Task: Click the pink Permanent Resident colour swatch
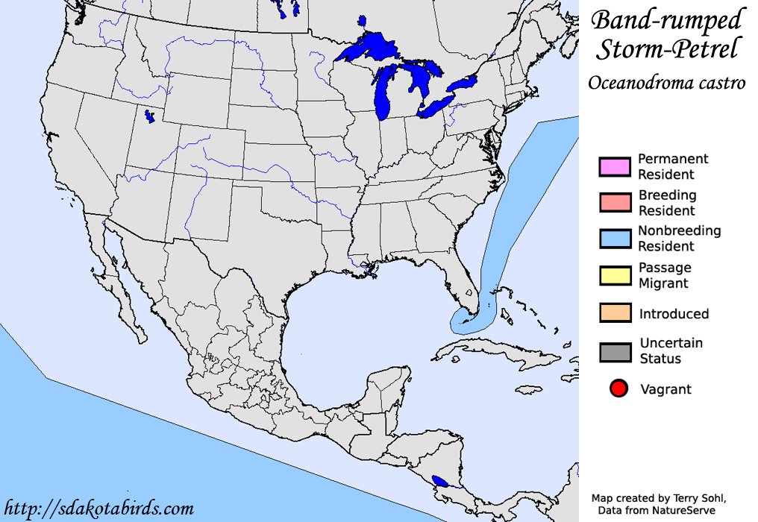[x=615, y=166]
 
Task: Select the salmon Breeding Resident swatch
[x=615, y=202]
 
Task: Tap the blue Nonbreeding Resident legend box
[x=615, y=238]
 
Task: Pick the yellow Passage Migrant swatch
[x=615, y=274]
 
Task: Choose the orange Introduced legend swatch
[x=615, y=312]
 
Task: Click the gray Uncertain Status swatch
[x=615, y=350]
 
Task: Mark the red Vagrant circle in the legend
[x=618, y=389]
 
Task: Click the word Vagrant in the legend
[x=665, y=389]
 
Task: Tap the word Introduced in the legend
[x=674, y=314]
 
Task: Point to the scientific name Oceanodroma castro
[x=666, y=83]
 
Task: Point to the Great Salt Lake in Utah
[x=150, y=117]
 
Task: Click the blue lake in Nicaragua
[x=442, y=481]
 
